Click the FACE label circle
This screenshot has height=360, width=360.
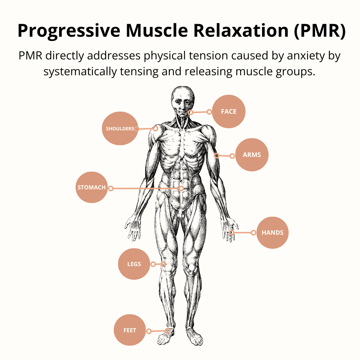(229, 112)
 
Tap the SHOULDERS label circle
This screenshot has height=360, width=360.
(120, 129)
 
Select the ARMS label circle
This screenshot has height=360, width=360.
(252, 155)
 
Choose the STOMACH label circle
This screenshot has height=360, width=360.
(92, 188)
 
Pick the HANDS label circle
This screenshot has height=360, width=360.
(273, 233)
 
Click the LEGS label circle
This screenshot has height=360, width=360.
(134, 264)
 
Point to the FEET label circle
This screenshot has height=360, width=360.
(130, 330)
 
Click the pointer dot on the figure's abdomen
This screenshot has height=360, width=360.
(181, 188)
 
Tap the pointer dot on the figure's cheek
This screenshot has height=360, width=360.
(191, 112)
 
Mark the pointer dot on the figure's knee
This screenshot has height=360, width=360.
(164, 264)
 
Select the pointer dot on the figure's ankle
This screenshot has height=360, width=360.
(168, 330)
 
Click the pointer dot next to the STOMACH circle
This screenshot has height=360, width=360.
(111, 188)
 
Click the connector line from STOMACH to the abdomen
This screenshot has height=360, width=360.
(146, 188)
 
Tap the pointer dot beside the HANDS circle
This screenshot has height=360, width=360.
(253, 233)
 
